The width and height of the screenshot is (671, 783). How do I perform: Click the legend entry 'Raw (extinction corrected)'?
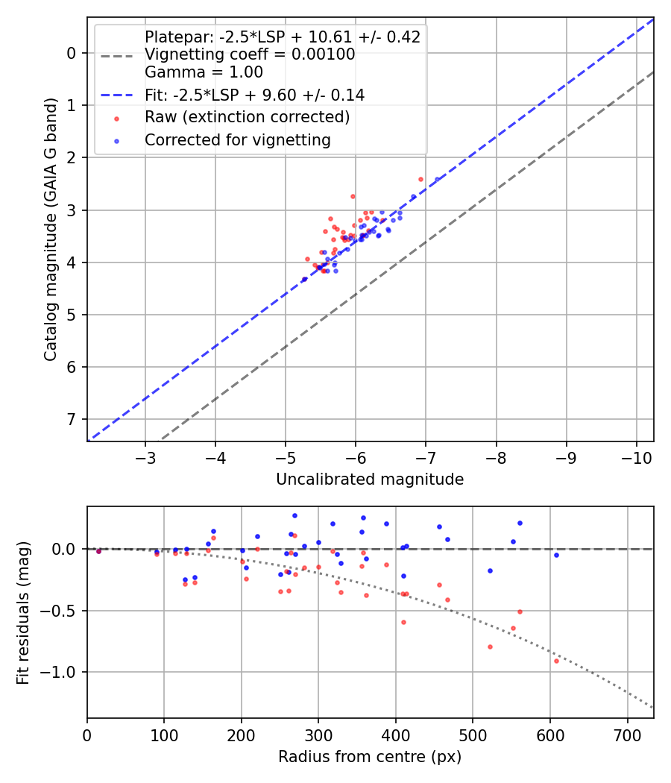click(x=247, y=117)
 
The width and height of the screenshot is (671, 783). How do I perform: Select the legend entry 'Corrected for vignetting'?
click(x=238, y=139)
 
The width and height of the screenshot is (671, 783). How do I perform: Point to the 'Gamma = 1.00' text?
click(x=204, y=72)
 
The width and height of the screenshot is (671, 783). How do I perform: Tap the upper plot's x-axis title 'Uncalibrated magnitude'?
click(x=370, y=479)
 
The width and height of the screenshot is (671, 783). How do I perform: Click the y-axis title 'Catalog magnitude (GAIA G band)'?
click(x=50, y=229)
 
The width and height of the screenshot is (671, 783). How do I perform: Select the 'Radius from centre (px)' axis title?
click(x=370, y=757)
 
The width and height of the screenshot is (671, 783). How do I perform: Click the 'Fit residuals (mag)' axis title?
click(x=23, y=613)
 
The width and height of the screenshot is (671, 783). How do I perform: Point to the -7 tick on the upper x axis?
click(x=496, y=456)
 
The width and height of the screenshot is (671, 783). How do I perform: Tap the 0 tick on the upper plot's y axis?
click(x=72, y=52)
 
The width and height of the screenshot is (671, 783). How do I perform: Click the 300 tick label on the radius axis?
click(x=318, y=734)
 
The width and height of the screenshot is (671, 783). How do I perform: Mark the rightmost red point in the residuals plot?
click(x=556, y=661)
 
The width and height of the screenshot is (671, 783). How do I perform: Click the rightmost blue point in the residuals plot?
click(x=556, y=555)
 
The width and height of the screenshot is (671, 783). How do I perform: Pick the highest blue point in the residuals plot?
click(x=294, y=515)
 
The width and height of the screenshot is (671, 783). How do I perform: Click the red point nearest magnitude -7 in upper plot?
click(x=420, y=179)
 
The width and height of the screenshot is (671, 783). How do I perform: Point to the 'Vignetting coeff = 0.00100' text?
click(x=250, y=54)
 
